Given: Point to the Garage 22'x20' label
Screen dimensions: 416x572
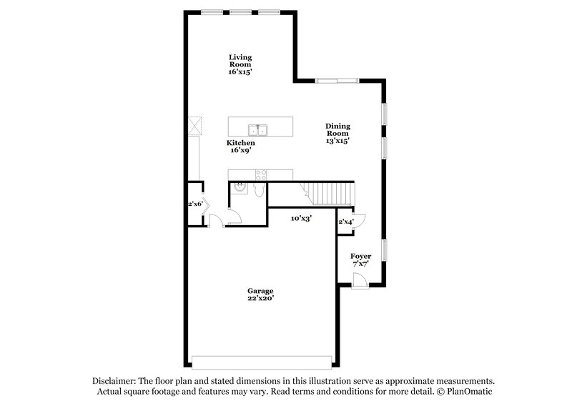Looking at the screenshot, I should pyautogui.click(x=260, y=294).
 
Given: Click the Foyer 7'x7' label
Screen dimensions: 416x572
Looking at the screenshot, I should pyautogui.click(x=360, y=259).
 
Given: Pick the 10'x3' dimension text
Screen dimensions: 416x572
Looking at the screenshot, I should pyautogui.click(x=301, y=218).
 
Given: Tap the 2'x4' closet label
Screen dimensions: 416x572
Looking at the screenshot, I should pyautogui.click(x=345, y=222).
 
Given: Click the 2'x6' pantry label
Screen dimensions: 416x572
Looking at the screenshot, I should pyautogui.click(x=195, y=204).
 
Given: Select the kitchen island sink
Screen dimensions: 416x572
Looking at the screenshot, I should pyautogui.click(x=257, y=129).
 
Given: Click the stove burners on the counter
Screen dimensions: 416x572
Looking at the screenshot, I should pyautogui.click(x=261, y=174).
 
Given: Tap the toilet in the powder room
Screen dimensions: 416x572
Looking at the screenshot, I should pyautogui.click(x=258, y=191).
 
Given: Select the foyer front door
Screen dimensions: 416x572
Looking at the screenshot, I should pyautogui.click(x=360, y=280).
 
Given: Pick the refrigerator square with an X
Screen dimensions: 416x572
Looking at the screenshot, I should pyautogui.click(x=194, y=127).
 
